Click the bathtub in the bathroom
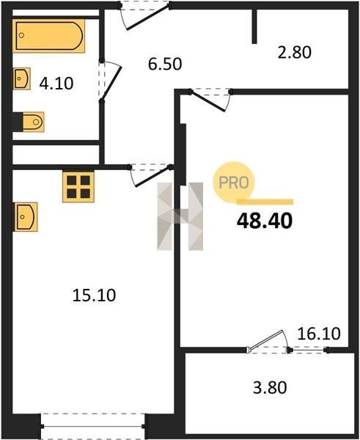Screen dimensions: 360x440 click(x=48, y=36)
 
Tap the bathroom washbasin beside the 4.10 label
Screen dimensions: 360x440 click(x=21, y=78)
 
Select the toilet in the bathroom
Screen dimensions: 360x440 click(x=30, y=122)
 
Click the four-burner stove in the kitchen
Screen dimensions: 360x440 click(x=78, y=186)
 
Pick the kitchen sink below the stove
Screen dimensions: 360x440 click(x=26, y=217)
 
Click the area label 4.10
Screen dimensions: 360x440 click(x=56, y=84)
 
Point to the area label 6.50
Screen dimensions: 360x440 click(x=165, y=64)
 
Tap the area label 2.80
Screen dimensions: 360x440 click(x=294, y=53)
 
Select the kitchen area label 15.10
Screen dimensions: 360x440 click(x=94, y=296)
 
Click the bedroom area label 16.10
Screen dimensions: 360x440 click(x=319, y=334)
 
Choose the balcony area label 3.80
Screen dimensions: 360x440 click(x=270, y=387)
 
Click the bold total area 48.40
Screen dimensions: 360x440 click(x=265, y=221)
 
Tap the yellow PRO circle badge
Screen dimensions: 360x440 click(x=233, y=183)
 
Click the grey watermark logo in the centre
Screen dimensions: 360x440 click(x=180, y=216)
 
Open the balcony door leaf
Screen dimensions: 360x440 click(x=265, y=340)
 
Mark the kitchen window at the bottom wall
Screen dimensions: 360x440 click(x=92, y=426)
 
